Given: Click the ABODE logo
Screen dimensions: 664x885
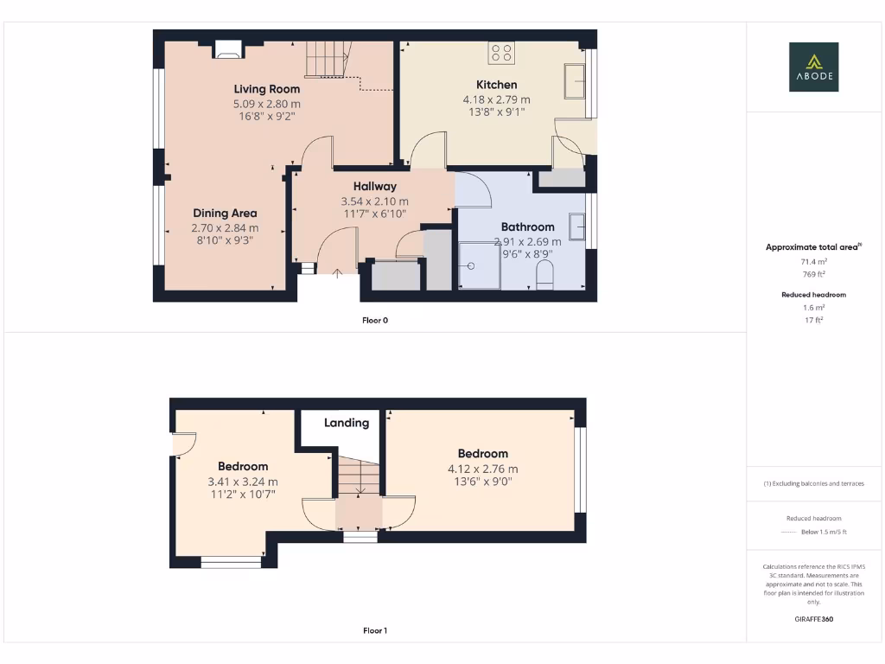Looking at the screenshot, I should click(813, 67).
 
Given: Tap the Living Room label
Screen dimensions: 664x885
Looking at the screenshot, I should click(267, 89).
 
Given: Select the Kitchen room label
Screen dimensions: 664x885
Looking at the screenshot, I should click(497, 85).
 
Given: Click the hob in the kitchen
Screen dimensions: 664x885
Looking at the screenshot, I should click(501, 53).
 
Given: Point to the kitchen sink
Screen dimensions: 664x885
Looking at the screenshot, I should click(575, 80).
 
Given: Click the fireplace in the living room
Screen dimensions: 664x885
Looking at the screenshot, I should click(229, 49).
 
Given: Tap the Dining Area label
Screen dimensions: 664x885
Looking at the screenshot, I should click(225, 214).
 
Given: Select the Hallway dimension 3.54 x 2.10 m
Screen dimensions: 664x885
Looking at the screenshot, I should click(374, 201).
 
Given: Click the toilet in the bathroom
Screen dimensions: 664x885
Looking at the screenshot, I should click(544, 277).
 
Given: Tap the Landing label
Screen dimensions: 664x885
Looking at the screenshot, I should click(347, 423).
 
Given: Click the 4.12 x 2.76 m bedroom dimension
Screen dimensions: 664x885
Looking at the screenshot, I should click(482, 469).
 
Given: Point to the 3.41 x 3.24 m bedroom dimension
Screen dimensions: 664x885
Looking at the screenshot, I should click(243, 482).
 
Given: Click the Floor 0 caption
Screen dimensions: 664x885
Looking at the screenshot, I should click(375, 320).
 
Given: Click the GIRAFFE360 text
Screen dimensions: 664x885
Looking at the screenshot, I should click(813, 619).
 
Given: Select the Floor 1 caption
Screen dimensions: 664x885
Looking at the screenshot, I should click(375, 631).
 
